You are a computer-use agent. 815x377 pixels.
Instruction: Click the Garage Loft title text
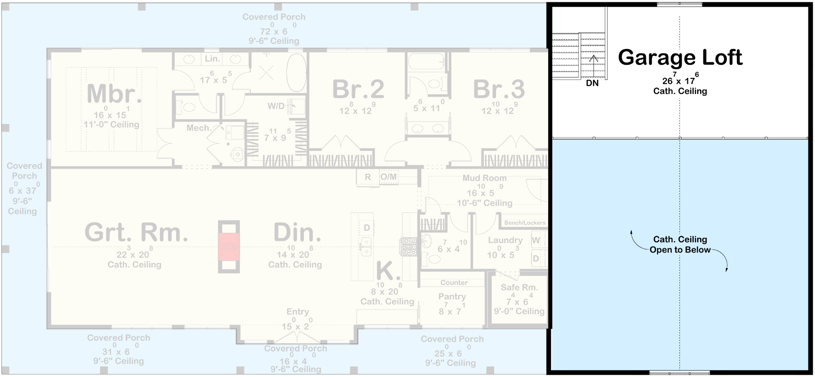680,57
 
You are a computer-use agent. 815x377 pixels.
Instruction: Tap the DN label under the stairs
592,83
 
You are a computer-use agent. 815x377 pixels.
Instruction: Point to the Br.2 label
358,89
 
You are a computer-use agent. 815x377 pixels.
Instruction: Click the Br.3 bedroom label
499,89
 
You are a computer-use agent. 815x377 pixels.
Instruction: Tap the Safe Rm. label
519,287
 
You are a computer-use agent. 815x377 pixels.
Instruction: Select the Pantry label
452,296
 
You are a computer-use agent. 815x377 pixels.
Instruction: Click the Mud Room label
484,178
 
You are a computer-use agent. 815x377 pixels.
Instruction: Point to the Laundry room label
505,240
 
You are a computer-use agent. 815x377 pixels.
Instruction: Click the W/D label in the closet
276,106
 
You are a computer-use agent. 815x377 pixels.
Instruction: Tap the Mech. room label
198,128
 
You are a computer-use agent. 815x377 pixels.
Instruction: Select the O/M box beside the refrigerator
389,177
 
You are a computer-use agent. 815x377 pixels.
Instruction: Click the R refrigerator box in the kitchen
367,177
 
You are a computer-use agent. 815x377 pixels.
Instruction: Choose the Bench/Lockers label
524,222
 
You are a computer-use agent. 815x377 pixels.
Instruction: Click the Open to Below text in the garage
680,250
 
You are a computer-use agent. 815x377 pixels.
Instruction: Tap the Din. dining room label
297,232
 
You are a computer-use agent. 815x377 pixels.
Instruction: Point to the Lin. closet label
212,58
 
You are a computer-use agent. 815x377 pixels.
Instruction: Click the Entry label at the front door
297,311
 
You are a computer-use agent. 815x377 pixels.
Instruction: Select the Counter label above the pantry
454,282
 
